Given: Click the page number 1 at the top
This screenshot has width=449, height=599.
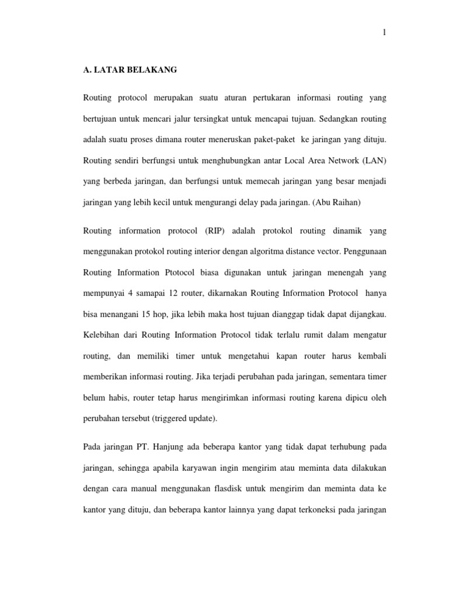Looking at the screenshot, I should [x=384, y=33].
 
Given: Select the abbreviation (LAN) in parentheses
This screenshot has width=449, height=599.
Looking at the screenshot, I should [x=372, y=161].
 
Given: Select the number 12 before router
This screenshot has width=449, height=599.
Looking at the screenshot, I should [x=180, y=294].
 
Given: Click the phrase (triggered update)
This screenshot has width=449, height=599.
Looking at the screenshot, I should [x=184, y=419].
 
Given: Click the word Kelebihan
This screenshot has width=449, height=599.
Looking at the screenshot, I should [x=103, y=336].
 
